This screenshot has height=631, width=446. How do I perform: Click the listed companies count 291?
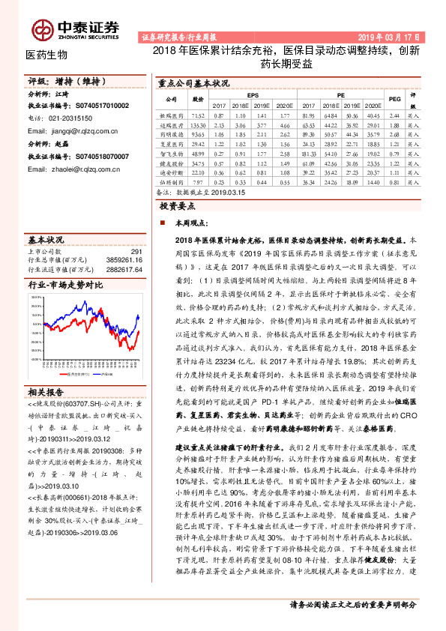136,251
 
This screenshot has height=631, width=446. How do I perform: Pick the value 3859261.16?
124,259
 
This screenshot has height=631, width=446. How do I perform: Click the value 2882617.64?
124,267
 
